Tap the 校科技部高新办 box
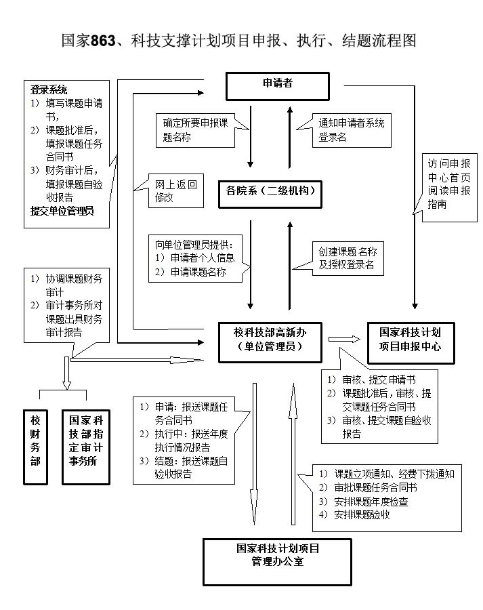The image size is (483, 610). [x=269, y=342]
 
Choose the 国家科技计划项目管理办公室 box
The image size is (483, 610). [x=278, y=561]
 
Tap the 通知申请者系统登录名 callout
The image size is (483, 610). [x=352, y=129]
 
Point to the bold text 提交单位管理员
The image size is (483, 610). [x=62, y=210]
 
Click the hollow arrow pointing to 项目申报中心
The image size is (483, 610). [x=343, y=339]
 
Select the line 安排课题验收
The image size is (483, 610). [x=362, y=514]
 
